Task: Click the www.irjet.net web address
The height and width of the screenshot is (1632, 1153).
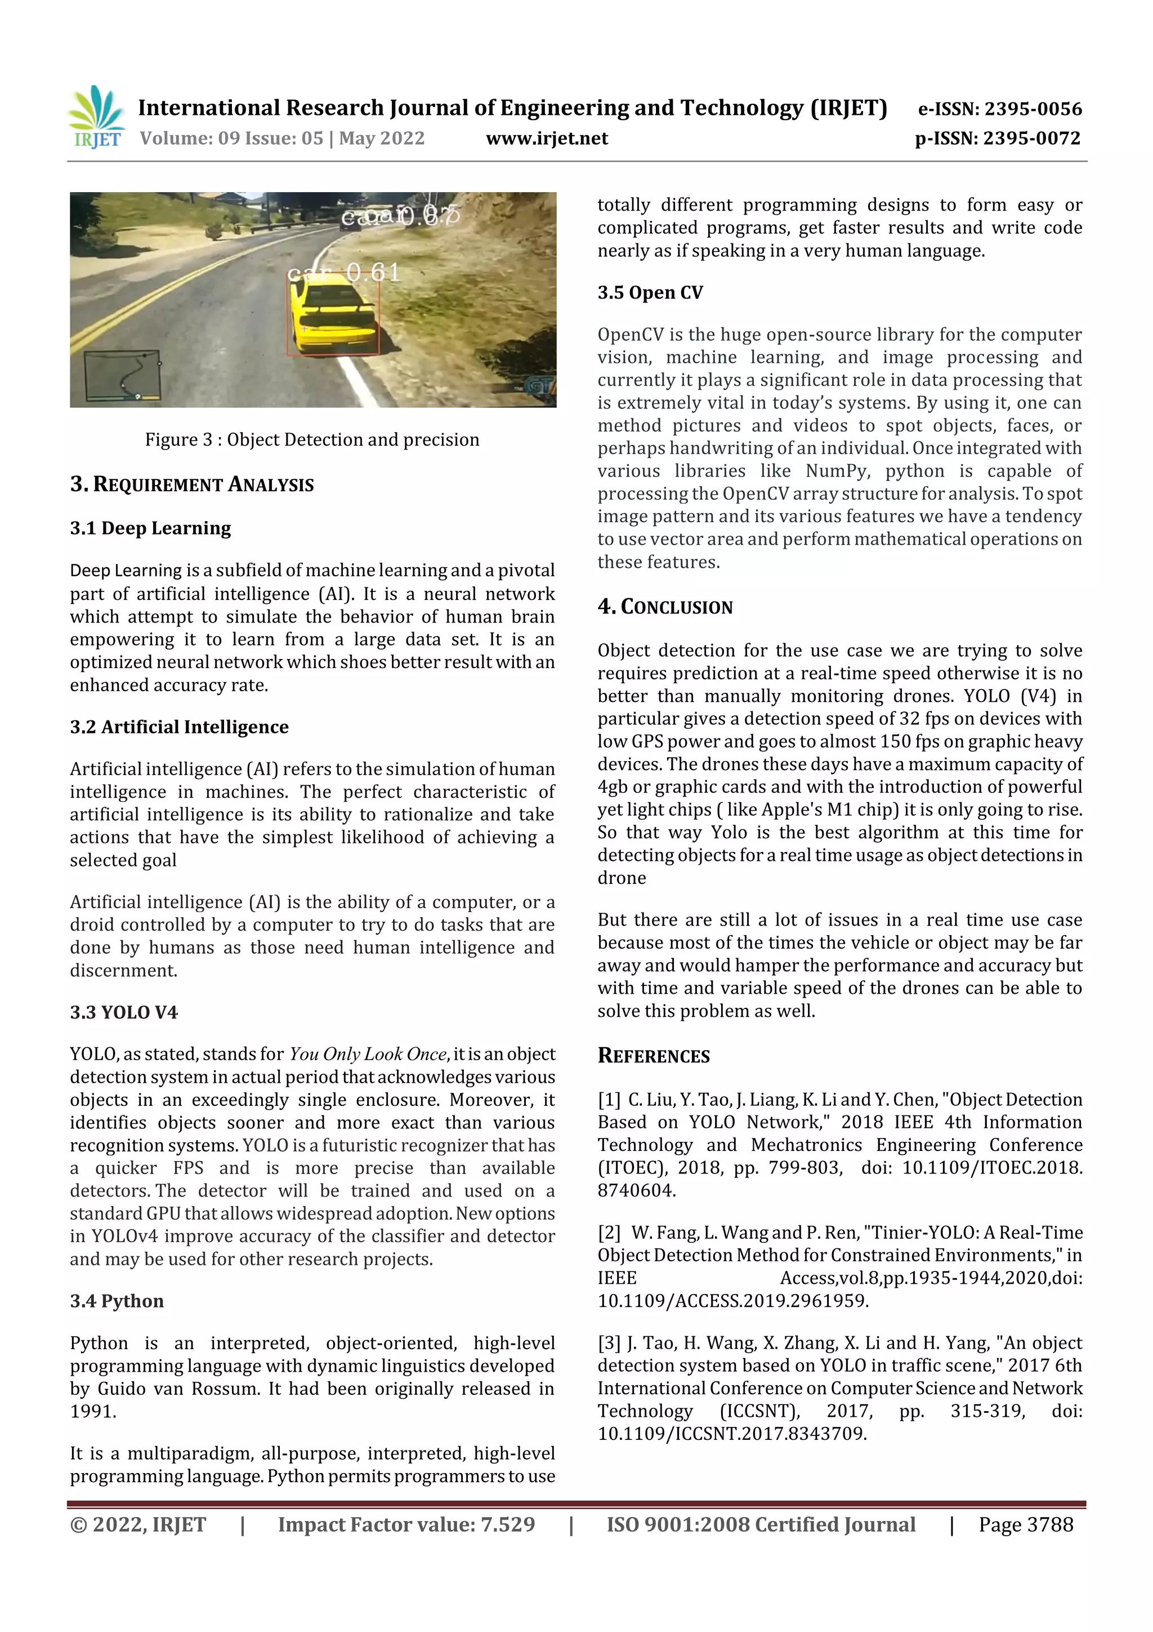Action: tap(546, 138)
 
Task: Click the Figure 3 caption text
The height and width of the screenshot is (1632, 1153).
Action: tap(312, 439)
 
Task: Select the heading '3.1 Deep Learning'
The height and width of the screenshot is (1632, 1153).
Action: tap(151, 528)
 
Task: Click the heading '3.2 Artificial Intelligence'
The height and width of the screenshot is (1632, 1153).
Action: tap(179, 727)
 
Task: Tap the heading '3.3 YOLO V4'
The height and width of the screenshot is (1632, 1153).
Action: tap(124, 1012)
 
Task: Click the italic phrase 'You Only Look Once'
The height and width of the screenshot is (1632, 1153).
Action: tap(367, 1054)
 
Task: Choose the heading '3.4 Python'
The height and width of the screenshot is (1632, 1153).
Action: tap(117, 1301)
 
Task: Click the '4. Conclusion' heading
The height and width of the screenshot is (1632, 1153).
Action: tap(665, 607)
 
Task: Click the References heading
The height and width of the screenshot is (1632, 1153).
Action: tap(654, 1056)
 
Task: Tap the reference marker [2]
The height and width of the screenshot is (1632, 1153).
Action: tap(610, 1233)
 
